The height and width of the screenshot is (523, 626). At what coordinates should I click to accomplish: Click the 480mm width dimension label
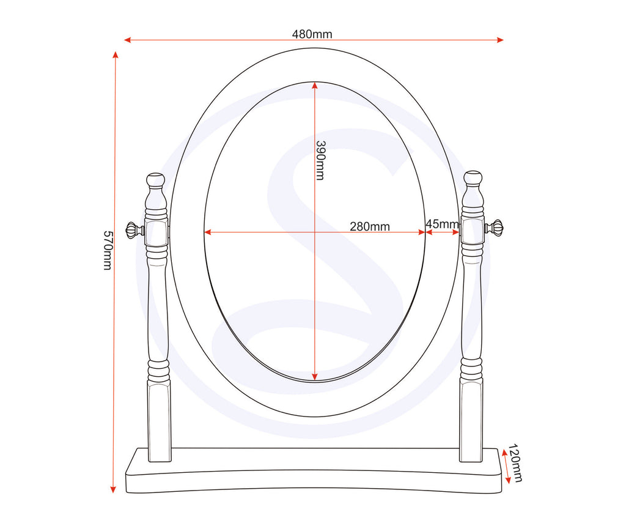tap(312, 34)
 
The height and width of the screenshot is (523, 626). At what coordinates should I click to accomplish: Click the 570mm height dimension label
tap(108, 250)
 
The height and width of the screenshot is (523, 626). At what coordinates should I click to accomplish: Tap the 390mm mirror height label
tap(320, 160)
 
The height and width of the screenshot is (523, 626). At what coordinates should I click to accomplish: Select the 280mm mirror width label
tap(370, 226)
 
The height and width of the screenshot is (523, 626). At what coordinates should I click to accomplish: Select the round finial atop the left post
tap(156, 180)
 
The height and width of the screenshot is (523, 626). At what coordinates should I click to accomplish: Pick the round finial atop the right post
tap(473, 179)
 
